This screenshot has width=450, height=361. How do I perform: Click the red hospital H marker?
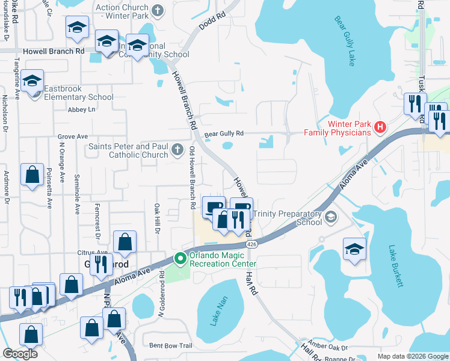tap(380, 127)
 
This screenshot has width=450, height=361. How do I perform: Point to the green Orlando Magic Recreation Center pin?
tap(180, 259)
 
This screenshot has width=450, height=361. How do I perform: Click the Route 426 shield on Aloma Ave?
tap(251, 244)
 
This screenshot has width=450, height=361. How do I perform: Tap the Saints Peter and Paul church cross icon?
tap(177, 150)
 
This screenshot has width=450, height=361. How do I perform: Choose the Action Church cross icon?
tap(158, 10)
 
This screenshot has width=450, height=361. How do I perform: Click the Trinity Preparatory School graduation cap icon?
tap(330, 217)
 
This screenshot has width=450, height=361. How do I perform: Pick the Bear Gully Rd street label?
tap(223, 134)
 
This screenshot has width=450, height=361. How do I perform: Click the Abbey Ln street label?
tap(82, 110)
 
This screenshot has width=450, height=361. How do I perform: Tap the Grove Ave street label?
tap(73, 137)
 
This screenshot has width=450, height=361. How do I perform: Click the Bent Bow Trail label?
tap(170, 345)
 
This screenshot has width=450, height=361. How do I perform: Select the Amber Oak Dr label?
tap(328, 348)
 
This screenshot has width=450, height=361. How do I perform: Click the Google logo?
tap(20, 354)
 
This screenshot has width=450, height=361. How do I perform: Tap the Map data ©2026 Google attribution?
tap(412, 356)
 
